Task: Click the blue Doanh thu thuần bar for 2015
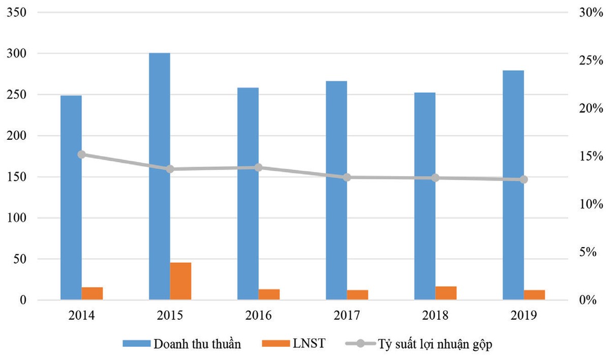[x=159, y=176]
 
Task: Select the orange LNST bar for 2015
[x=180, y=281]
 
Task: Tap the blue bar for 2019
[x=513, y=185]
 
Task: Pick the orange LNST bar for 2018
[x=446, y=293]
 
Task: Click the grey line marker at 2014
[x=81, y=155]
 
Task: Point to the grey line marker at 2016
[x=258, y=167]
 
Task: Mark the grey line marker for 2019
[x=524, y=179]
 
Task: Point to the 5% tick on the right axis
[x=592, y=252]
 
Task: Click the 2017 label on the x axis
[x=347, y=315]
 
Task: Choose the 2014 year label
[x=81, y=315]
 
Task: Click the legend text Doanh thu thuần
[x=196, y=344]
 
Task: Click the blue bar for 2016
[x=248, y=194]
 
